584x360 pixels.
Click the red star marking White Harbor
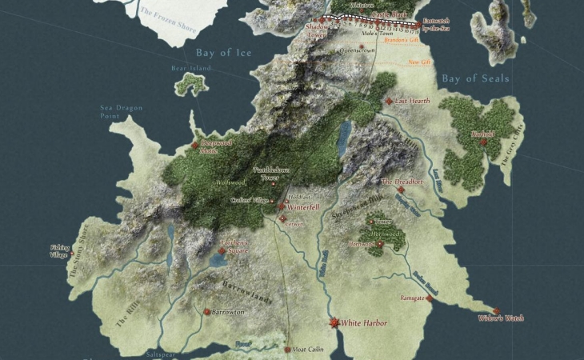pyautogui.click(x=334, y=322)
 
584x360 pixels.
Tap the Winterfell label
pyautogui.click(x=303, y=206)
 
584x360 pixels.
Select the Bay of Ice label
pyautogui.click(x=224, y=53)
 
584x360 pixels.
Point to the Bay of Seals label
pyautogui.click(x=475, y=78)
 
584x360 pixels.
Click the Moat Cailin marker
pyautogui.click(x=288, y=350)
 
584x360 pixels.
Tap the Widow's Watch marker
pyautogui.click(x=496, y=311)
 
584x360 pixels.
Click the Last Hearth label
pyautogui.click(x=413, y=102)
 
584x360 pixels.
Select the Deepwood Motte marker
pyautogui.click(x=194, y=145)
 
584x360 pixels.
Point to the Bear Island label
pyautogui.click(x=190, y=69)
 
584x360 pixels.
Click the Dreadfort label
pyautogui.click(x=402, y=182)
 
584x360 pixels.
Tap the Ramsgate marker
pyautogui.click(x=430, y=298)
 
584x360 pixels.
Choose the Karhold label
pyautogui.click(x=485, y=134)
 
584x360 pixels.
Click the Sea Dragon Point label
pyautogui.click(x=115, y=111)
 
